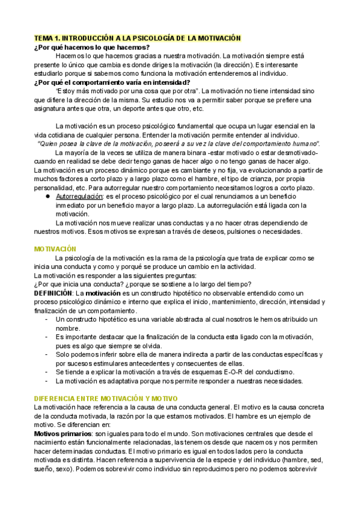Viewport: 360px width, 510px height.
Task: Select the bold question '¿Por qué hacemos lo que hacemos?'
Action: click(92, 48)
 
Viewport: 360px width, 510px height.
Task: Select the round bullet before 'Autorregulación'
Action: click(47, 197)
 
